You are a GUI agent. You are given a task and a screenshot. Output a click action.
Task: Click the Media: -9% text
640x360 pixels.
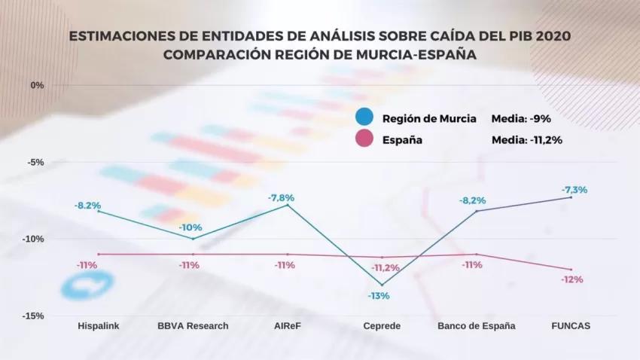point(520,118)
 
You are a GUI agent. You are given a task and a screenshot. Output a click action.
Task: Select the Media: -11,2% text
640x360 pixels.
point(527,139)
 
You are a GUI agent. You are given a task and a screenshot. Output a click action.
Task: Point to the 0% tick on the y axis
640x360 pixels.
point(37,84)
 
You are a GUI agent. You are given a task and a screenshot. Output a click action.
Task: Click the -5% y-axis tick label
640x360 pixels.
point(35,162)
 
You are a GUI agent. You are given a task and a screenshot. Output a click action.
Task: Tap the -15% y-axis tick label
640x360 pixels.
point(33,316)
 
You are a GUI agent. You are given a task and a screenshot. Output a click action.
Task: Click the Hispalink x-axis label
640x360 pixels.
point(99,326)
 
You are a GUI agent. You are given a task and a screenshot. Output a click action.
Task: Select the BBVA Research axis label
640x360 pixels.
point(193,326)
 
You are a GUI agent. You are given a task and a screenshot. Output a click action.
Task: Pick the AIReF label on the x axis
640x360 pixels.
point(287,326)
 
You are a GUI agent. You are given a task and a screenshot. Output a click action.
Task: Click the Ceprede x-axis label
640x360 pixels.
point(382,326)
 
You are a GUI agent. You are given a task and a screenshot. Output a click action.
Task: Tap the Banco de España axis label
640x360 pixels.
point(477,326)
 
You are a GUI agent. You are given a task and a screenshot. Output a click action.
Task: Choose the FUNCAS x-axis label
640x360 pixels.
point(571,326)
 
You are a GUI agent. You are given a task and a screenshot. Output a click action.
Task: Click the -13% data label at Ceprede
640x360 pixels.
point(378,296)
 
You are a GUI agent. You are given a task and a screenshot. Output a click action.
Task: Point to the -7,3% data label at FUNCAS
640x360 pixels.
point(574,189)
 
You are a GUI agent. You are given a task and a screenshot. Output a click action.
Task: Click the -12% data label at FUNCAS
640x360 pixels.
point(571,279)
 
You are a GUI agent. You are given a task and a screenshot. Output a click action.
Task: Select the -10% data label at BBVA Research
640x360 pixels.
point(190,227)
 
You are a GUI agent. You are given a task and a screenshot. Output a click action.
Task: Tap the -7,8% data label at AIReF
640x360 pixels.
point(281,197)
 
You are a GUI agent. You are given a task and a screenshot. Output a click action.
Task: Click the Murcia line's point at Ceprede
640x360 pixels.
point(382,285)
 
